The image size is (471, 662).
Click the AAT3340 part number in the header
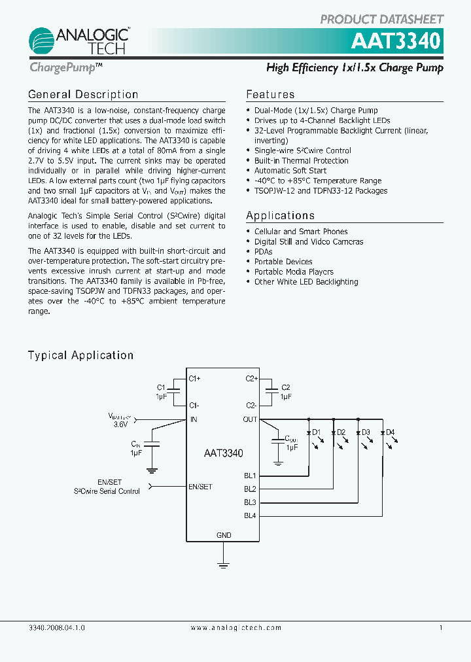pyautogui.click(x=395, y=41)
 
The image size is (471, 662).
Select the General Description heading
pyautogui.click(x=83, y=94)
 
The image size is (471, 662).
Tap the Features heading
pyautogui.click(x=270, y=94)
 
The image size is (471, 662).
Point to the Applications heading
pyautogui.click(x=280, y=215)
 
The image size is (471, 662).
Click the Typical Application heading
pyautogui.click(x=80, y=355)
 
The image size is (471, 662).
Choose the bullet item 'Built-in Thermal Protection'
pyautogui.click(x=301, y=161)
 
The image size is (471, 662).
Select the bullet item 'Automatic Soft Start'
pyautogui.click(x=290, y=171)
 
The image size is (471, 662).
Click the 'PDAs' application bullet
pyautogui.click(x=263, y=252)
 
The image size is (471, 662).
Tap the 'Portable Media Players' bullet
pyautogui.click(x=294, y=272)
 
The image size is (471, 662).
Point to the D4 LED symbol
pyautogui.click(x=383, y=433)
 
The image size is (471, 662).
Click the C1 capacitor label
pyautogui.click(x=161, y=387)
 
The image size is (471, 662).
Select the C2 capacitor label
pyautogui.click(x=285, y=387)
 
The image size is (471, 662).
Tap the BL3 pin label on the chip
pyautogui.click(x=250, y=502)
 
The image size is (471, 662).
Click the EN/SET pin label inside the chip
pyautogui.click(x=200, y=486)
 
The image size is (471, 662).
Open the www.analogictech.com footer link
pyautogui.click(x=235, y=627)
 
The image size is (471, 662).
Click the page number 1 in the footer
pyautogui.click(x=441, y=627)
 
